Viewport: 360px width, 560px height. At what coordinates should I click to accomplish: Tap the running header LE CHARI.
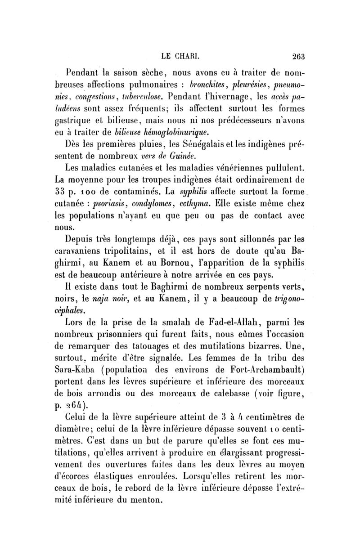180,57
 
